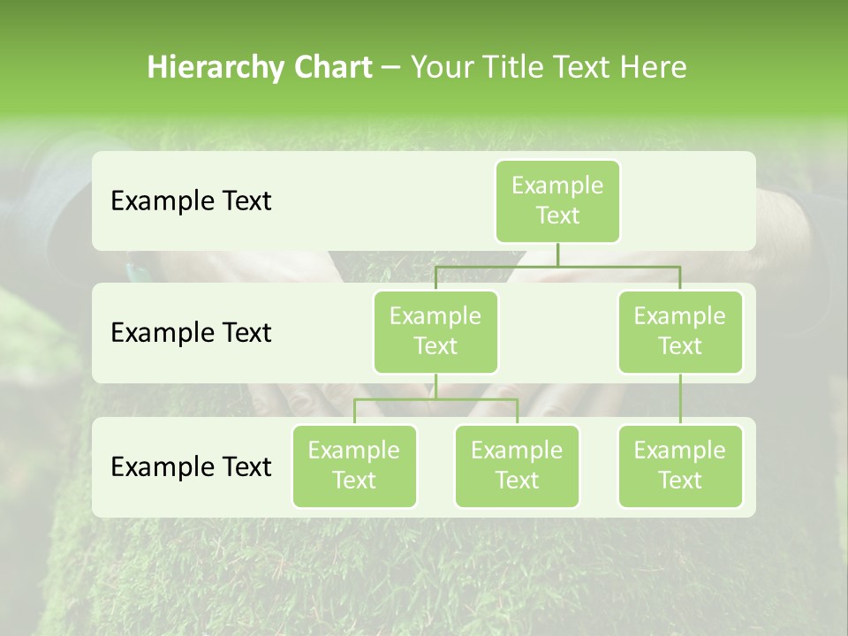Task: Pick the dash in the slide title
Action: click(x=390, y=68)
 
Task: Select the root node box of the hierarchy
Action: click(x=557, y=201)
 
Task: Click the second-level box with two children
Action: click(x=435, y=331)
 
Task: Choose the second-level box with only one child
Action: click(x=680, y=331)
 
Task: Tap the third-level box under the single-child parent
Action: click(x=680, y=466)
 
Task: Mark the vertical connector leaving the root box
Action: click(x=557, y=254)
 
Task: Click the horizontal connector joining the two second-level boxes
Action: click(x=557, y=266)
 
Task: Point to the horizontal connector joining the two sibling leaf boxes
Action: click(x=435, y=400)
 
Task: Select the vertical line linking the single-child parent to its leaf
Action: click(x=680, y=399)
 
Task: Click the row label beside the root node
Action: click(x=191, y=201)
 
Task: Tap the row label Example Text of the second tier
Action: click(x=191, y=333)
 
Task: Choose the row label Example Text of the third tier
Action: click(x=191, y=466)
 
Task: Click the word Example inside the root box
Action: click(x=557, y=185)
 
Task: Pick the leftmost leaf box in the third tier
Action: click(x=354, y=466)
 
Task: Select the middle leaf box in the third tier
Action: click(x=517, y=466)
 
